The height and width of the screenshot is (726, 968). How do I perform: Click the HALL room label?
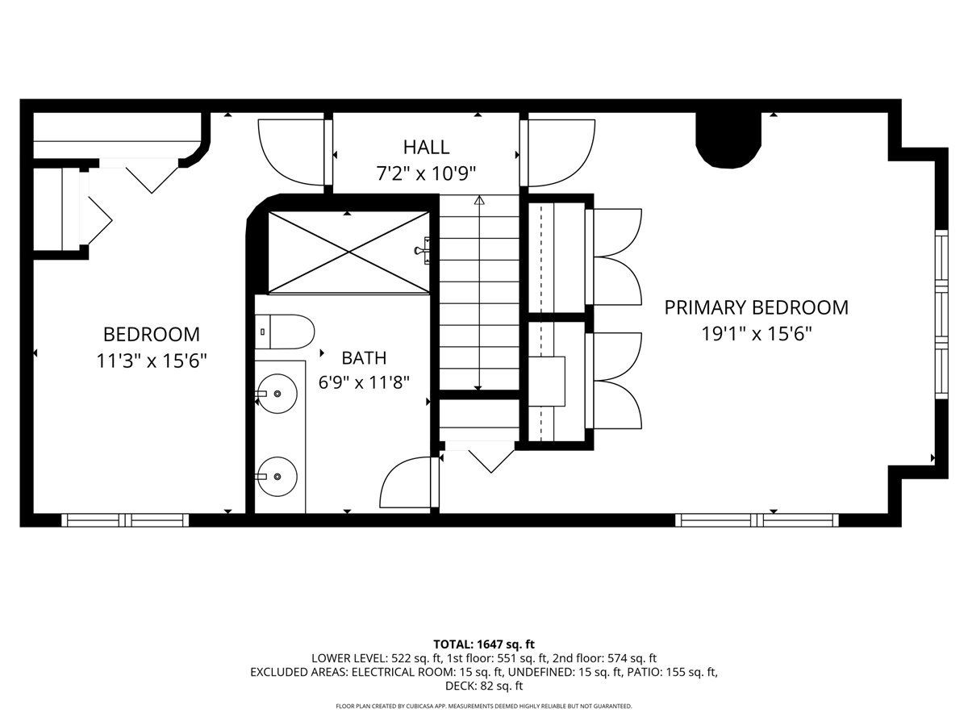pyautogui.click(x=426, y=148)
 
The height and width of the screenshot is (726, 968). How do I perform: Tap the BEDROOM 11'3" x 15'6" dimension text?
pyautogui.click(x=152, y=361)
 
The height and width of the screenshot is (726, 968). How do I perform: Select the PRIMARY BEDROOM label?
pyautogui.click(x=757, y=307)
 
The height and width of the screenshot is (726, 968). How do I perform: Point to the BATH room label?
pyautogui.click(x=364, y=358)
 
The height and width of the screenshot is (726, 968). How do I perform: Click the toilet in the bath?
pyautogui.click(x=285, y=332)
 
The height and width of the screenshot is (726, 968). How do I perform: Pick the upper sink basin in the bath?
pyautogui.click(x=277, y=394)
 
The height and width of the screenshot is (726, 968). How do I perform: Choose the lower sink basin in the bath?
pyautogui.click(x=277, y=477)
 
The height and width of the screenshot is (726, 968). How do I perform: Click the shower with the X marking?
pyautogui.click(x=348, y=252)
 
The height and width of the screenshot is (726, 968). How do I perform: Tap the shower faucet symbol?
pyautogui.click(x=423, y=250)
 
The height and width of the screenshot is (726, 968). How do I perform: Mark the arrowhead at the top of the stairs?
pyautogui.click(x=479, y=201)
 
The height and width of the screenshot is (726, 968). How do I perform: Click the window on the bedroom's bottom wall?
pyautogui.click(x=125, y=520)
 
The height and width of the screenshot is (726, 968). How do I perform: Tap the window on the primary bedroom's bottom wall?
pyautogui.click(x=757, y=520)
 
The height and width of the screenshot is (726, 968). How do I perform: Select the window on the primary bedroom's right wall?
pyautogui.click(x=941, y=315)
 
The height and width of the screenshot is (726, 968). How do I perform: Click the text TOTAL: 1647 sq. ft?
pyautogui.click(x=484, y=645)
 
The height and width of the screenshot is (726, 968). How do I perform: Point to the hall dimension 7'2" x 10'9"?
pyautogui.click(x=426, y=173)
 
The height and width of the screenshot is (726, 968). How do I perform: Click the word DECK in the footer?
pyautogui.click(x=459, y=686)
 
